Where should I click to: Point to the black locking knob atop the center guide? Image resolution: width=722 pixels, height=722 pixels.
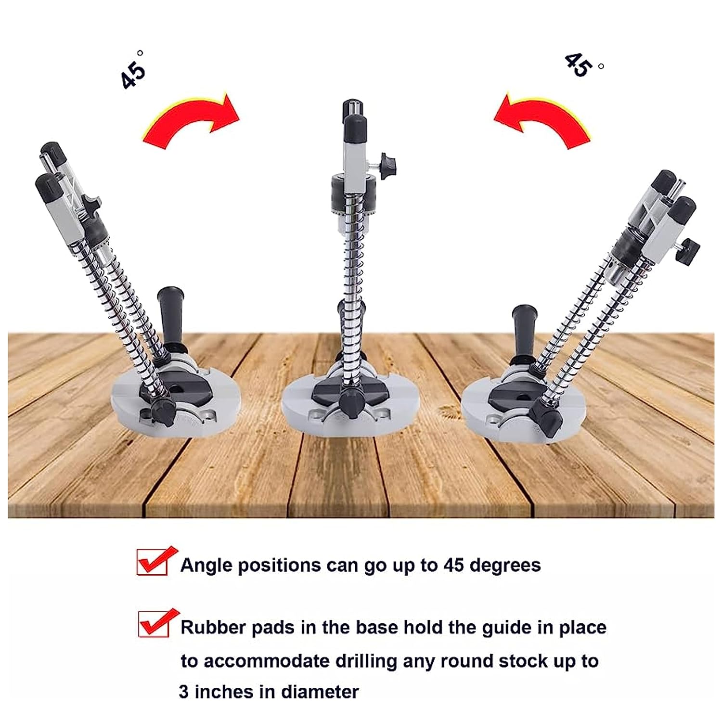tap(389, 166)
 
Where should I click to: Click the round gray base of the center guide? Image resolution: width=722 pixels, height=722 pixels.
tap(350, 404)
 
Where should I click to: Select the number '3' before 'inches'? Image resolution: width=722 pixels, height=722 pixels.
tap(184, 692)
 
